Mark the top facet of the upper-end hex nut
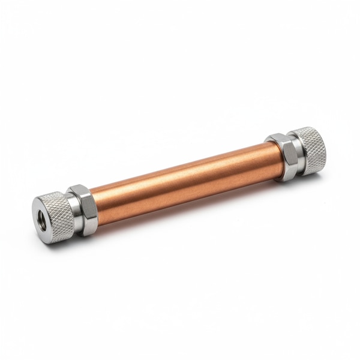[277, 140]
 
